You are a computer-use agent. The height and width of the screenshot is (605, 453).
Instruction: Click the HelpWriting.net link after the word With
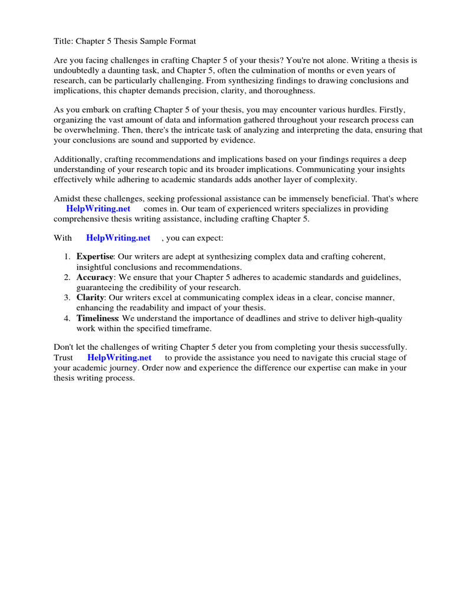coord(118,238)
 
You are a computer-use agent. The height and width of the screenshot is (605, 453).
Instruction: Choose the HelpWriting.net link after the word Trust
coord(119,357)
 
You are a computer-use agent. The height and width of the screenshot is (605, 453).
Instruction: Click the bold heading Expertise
coord(94,257)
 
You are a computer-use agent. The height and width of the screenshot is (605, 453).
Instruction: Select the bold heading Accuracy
coord(94,277)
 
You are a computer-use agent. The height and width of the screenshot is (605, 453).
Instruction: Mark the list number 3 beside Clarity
coord(67,298)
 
